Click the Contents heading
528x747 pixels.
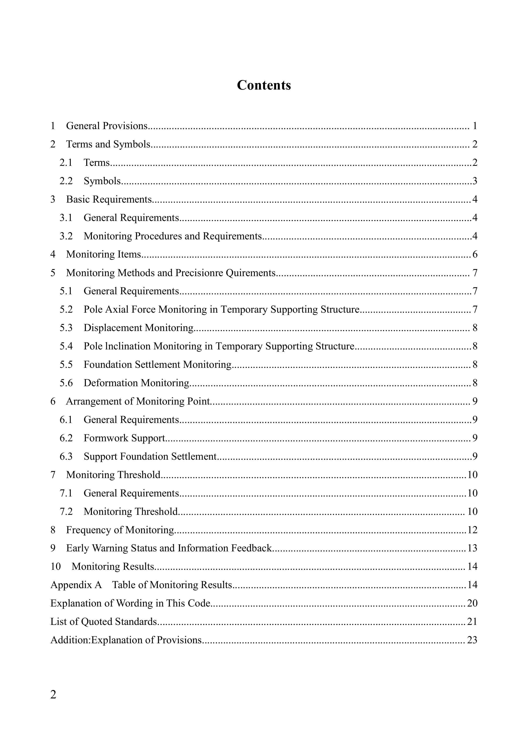click(x=264, y=85)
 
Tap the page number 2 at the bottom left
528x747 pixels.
click(x=53, y=694)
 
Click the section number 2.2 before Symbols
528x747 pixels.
click(x=66, y=181)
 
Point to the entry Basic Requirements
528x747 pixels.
click(x=109, y=199)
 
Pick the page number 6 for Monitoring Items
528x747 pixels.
click(x=475, y=254)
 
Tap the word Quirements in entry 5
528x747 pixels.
click(x=251, y=273)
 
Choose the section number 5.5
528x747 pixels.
click(x=66, y=364)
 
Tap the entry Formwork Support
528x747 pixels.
click(x=124, y=438)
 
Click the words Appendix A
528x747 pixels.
click(x=76, y=585)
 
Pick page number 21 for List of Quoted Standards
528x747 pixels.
click(x=472, y=622)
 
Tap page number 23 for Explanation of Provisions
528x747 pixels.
click(x=472, y=640)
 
